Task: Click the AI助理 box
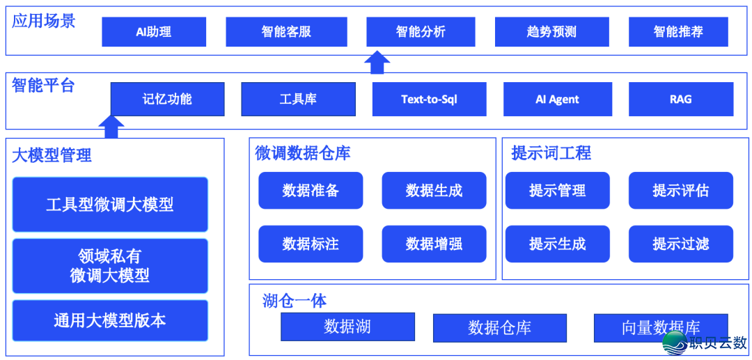(154, 32)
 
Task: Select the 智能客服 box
(286, 32)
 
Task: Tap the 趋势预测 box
(551, 32)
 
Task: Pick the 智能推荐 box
(677, 32)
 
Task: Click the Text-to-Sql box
(429, 99)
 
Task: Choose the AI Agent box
(557, 99)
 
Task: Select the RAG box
(680, 99)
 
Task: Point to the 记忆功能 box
(167, 99)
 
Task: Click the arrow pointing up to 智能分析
(377, 62)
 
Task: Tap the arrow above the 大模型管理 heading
(111, 127)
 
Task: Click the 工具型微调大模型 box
(110, 204)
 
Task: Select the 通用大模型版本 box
(110, 320)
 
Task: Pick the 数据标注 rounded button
(311, 244)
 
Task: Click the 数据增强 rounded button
(434, 244)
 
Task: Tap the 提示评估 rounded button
(680, 190)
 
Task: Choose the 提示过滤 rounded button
(680, 244)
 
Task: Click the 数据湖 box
(347, 327)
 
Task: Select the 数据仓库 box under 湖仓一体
(499, 327)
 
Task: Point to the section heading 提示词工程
(551, 153)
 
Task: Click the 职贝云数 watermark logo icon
(674, 343)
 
